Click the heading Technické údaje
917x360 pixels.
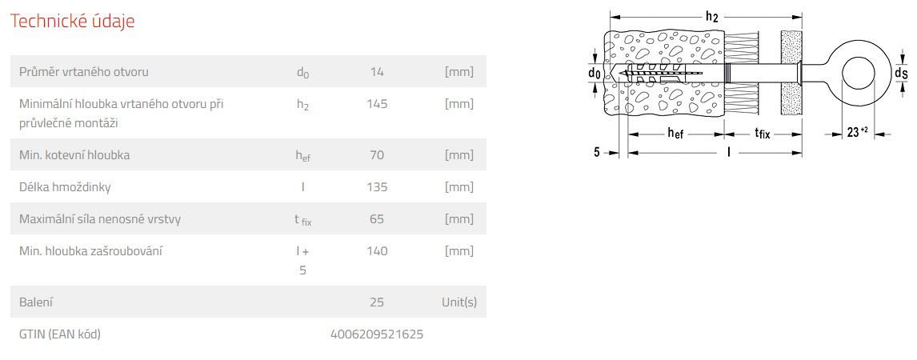pyautogui.click(x=73, y=22)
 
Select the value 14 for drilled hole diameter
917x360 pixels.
pyautogui.click(x=377, y=72)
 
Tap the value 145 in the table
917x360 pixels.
pyautogui.click(x=377, y=104)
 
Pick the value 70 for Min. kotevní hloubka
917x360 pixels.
pyautogui.click(x=377, y=155)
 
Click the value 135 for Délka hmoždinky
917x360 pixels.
pyautogui.click(x=377, y=187)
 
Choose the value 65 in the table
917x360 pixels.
pyautogui.click(x=377, y=219)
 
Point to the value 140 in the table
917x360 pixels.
pyautogui.click(x=377, y=251)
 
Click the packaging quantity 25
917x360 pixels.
pyautogui.click(x=377, y=302)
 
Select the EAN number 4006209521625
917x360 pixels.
pyautogui.click(x=377, y=334)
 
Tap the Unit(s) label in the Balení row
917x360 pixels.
pyautogui.click(x=459, y=302)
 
